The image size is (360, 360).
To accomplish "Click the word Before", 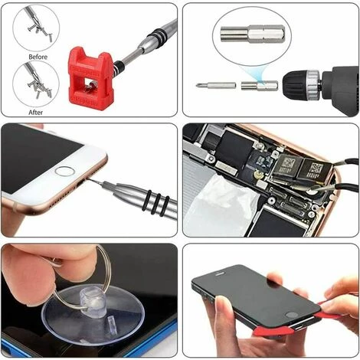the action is point(38,57).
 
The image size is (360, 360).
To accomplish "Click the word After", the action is point(36,113).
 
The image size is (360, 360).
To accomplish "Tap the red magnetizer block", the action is point(90,78).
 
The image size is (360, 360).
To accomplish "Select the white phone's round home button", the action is point(64,172).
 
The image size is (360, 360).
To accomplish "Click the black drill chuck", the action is point(296,85).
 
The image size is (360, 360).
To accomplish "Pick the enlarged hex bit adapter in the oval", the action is point(252,34).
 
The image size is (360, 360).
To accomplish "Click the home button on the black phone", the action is point(292,315).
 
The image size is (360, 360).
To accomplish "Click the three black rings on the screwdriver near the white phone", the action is point(159,203).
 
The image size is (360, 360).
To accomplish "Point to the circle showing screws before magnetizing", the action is point(36,28).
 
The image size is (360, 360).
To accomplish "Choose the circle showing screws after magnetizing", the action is point(36,84).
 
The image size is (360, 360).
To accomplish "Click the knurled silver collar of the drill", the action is point(314,83).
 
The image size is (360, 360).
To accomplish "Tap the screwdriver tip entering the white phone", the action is point(91,181).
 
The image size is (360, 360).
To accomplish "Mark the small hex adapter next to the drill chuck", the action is point(260,86).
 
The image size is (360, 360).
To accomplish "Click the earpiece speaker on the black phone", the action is point(221,273).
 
